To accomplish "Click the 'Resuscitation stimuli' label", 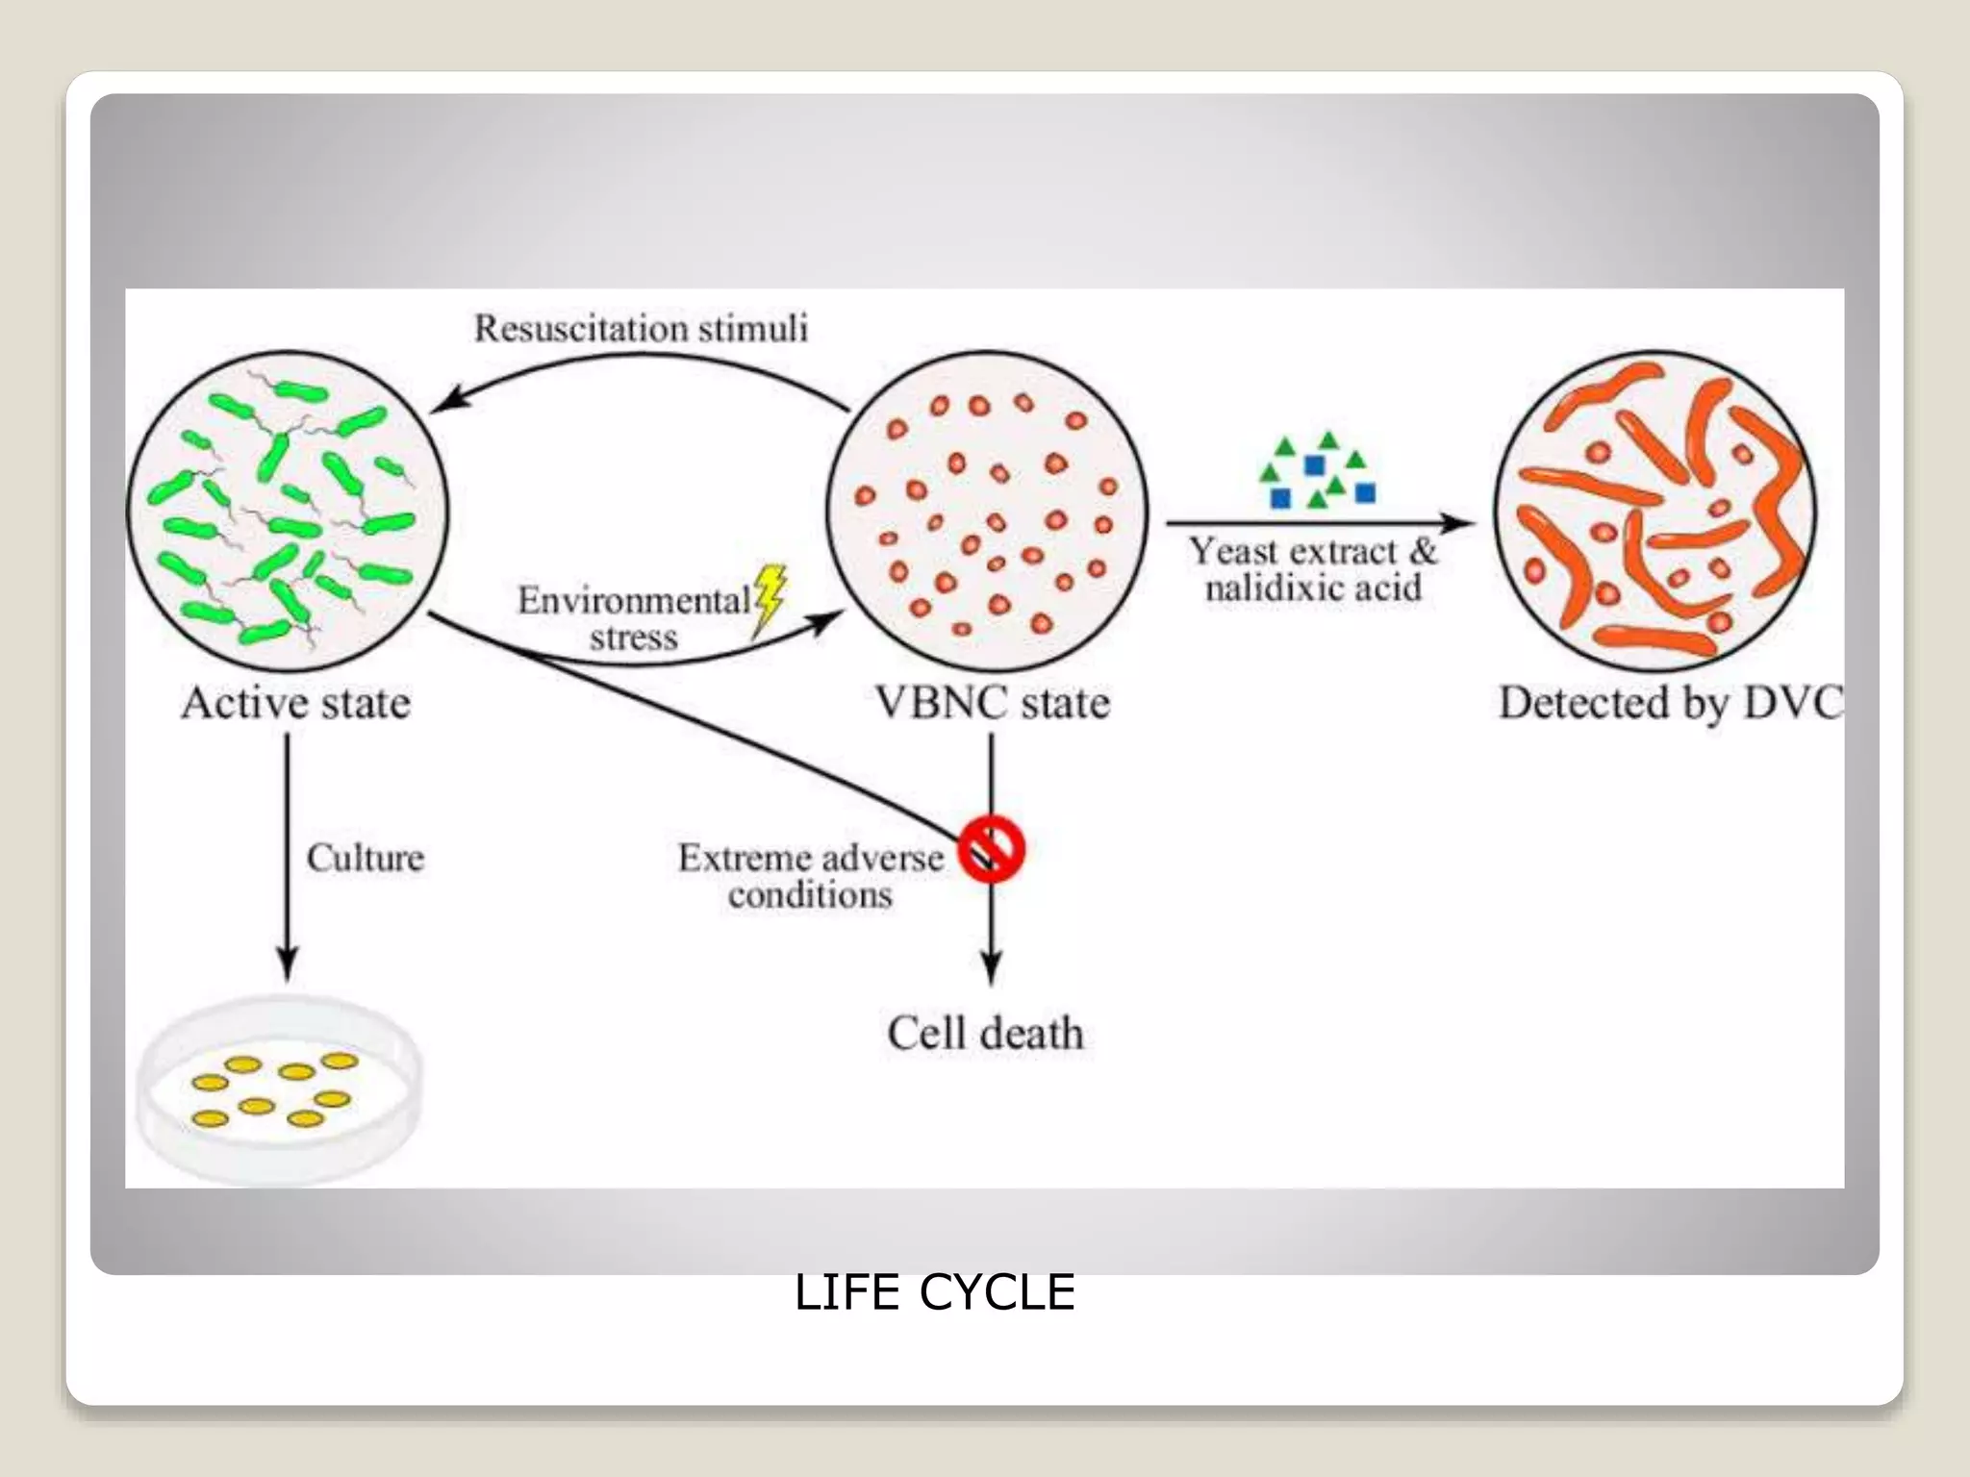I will [641, 329].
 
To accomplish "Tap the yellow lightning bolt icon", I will [770, 598].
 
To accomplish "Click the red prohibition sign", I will [992, 849].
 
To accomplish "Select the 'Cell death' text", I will [985, 1034].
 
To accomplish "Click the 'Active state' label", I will [296, 703].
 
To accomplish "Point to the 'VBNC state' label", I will [992, 703].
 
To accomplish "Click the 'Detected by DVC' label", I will [1670, 703].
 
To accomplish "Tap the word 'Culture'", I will [365, 858].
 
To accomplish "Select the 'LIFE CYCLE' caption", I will [934, 1291].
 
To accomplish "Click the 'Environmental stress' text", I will [634, 618].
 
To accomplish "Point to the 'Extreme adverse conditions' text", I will [811, 876].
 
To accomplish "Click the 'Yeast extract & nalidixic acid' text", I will [1313, 569].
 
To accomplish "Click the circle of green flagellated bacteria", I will [288, 510].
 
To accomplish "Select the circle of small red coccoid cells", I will [987, 510].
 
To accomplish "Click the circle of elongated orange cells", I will [1654, 510].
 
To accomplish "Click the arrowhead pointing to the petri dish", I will [287, 963].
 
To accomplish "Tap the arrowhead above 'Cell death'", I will [992, 966].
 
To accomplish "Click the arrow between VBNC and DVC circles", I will [1318, 523].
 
